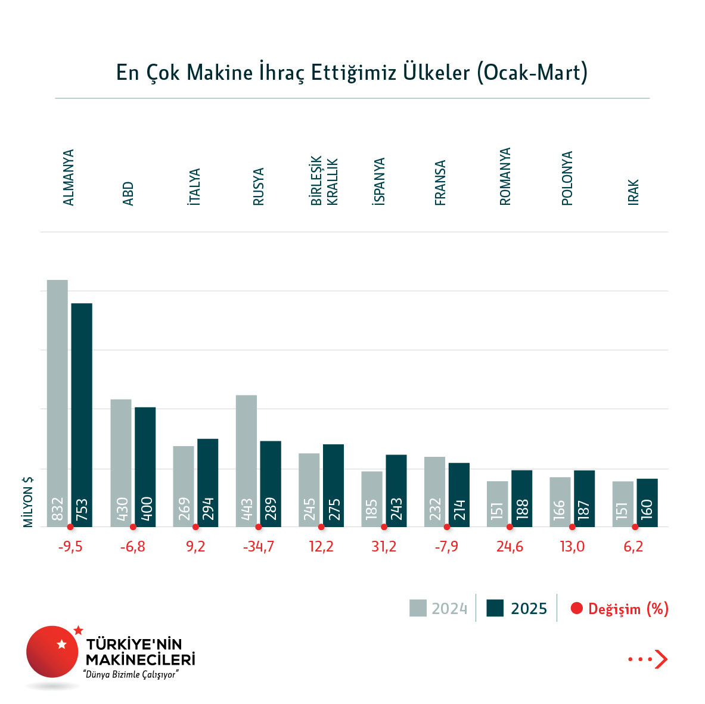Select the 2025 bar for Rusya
tap(271, 484)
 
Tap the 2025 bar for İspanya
tap(396, 491)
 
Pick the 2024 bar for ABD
tap(121, 463)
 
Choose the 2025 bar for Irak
tap(647, 503)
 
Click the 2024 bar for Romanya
tap(497, 504)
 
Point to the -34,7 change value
tap(258, 547)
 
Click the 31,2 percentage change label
tap(384, 547)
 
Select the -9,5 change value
tap(70, 547)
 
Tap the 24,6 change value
tap(510, 547)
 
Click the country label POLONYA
tap(567, 178)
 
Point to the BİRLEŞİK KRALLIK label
tap(324, 181)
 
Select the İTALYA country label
tap(194, 187)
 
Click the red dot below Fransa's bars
tap(447, 527)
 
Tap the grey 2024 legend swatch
tap(418, 608)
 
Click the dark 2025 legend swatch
tap(495, 608)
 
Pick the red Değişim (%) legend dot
tap(576, 609)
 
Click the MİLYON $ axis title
tap(28, 501)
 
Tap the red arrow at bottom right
tap(660, 659)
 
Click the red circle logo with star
tap(52, 652)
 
